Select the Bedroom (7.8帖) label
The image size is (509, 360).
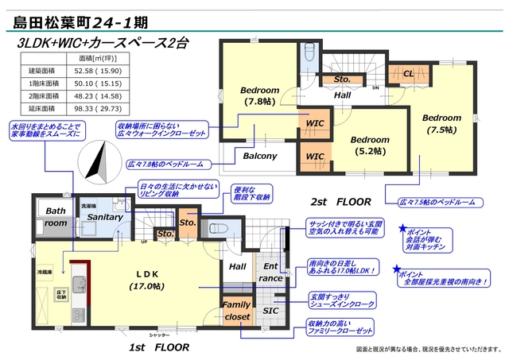click(259, 95)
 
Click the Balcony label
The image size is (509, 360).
click(259, 157)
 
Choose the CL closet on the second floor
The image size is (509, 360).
click(407, 74)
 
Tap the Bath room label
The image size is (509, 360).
click(56, 218)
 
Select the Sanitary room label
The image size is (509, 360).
click(104, 217)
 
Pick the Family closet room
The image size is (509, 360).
click(236, 310)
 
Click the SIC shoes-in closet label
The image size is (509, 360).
click(270, 311)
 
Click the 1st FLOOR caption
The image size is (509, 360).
click(160, 347)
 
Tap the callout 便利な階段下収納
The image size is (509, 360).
click(252, 193)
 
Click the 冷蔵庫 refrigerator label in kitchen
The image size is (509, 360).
click(45, 271)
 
